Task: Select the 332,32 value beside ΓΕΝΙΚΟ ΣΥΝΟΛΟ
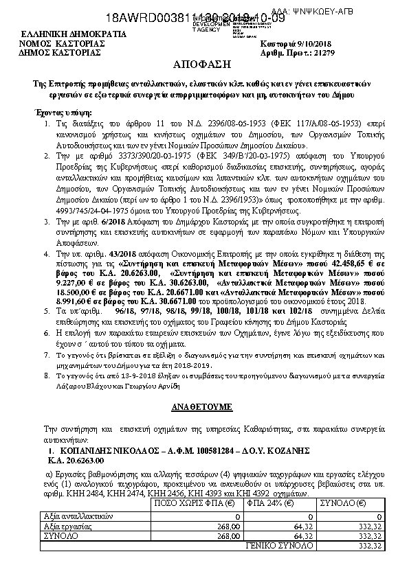(349, 542)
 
